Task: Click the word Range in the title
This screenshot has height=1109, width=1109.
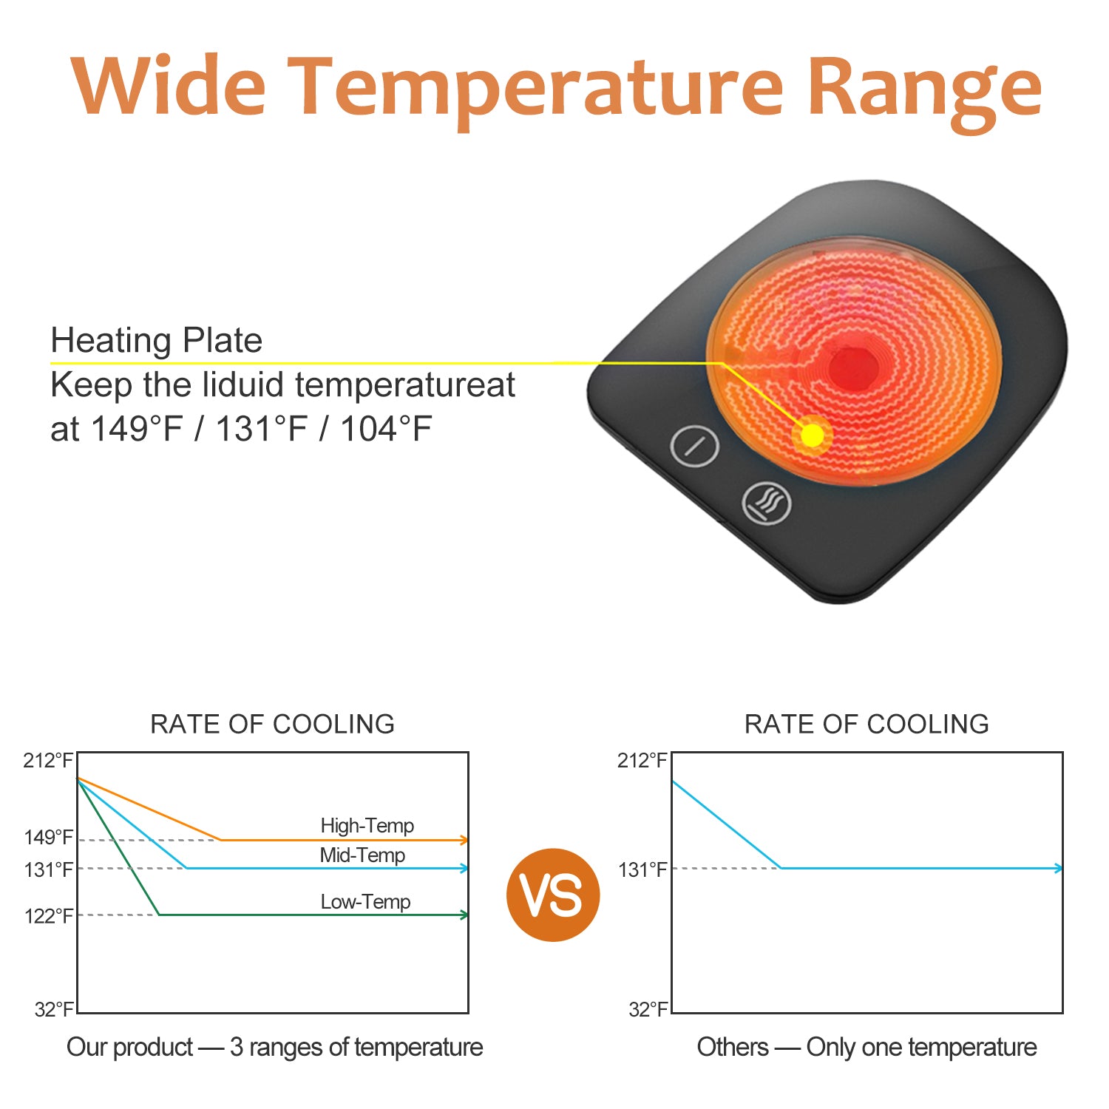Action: [924, 92]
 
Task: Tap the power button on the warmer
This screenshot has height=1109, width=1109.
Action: [694, 446]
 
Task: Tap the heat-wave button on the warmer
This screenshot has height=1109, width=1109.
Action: [767, 503]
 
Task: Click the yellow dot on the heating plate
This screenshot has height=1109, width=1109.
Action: [812, 435]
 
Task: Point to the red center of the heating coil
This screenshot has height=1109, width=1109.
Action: [852, 366]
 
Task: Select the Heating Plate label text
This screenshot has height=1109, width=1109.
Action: [157, 341]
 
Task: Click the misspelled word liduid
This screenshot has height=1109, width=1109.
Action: [232, 385]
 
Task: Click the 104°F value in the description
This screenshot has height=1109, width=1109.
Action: [386, 429]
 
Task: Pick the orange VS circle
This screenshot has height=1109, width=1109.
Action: [553, 895]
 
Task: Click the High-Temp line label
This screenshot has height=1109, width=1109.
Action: [367, 825]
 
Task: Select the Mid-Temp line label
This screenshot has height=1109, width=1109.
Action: [362, 855]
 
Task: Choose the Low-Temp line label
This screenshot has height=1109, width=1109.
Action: [365, 902]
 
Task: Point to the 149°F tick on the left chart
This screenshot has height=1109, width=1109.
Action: [49, 838]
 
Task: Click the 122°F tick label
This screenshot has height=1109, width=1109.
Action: [49, 917]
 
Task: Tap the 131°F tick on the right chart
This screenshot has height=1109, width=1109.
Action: [643, 869]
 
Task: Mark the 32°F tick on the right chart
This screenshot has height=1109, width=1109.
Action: [648, 1009]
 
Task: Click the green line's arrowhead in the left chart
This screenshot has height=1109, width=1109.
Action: [464, 915]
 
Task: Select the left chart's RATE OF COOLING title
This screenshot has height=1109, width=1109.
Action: [273, 724]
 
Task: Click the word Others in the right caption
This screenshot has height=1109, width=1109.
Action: [733, 1047]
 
